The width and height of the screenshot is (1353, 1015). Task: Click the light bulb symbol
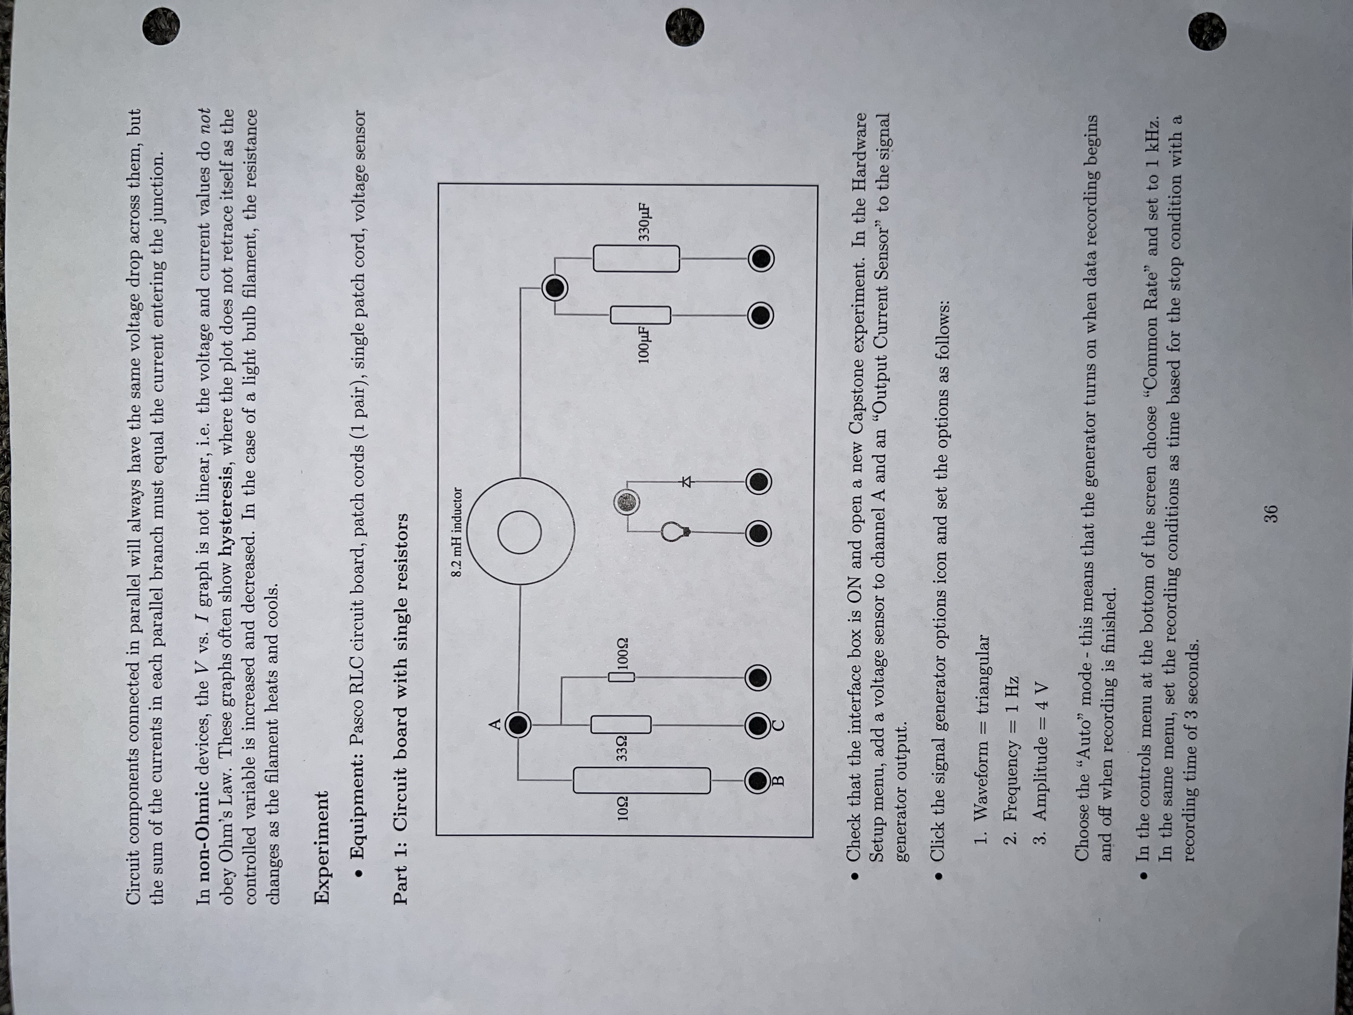click(x=674, y=531)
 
